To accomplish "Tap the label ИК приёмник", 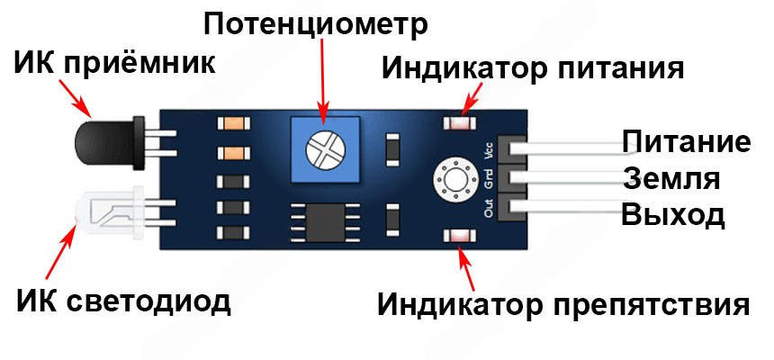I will (115, 63).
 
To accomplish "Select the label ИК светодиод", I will (123, 301).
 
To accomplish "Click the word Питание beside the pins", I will (686, 143).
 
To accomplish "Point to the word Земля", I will (670, 179).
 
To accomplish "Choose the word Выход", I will (672, 216).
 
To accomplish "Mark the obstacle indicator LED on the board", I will (458, 236).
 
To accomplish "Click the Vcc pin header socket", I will (515, 147).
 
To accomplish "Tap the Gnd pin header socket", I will (515, 178).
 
